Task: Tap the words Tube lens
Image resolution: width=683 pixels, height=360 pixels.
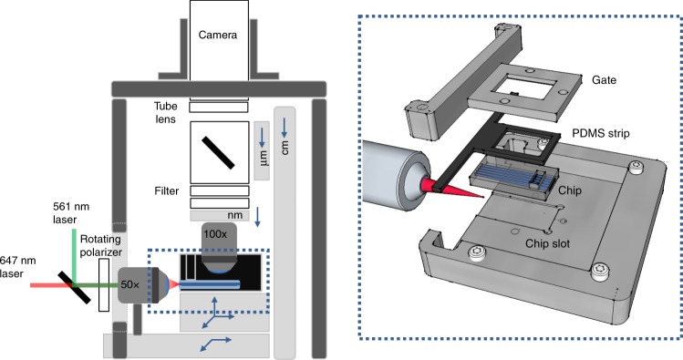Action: pos(170,112)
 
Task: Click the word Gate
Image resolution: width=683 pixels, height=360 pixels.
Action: pos(603,80)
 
